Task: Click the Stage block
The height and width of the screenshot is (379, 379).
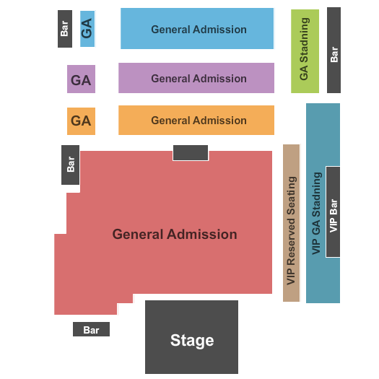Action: (x=191, y=337)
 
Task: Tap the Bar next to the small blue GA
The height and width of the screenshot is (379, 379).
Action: (x=65, y=29)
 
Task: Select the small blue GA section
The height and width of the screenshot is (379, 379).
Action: (x=87, y=29)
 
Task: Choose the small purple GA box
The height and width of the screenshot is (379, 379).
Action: (x=81, y=79)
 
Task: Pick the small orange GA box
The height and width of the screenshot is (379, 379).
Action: (x=81, y=121)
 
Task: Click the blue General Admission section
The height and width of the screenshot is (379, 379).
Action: (x=197, y=29)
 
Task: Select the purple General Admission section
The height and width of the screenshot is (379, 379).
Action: (x=196, y=78)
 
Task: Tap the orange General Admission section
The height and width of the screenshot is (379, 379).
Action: (x=196, y=120)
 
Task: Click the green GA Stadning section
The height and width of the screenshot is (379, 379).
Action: (x=305, y=51)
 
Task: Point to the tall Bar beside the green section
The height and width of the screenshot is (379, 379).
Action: (x=334, y=50)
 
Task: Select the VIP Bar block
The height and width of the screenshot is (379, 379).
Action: (x=333, y=212)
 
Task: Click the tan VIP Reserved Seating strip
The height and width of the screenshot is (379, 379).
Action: (x=291, y=223)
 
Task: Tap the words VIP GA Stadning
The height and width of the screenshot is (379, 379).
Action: (x=317, y=214)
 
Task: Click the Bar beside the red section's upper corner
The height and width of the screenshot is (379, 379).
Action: (x=70, y=165)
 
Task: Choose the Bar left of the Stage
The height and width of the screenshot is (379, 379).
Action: (x=91, y=329)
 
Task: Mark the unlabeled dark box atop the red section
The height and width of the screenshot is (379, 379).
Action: (x=191, y=152)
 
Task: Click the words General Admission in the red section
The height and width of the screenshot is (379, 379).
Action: (x=175, y=234)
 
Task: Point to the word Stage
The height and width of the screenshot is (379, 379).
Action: (x=192, y=340)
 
